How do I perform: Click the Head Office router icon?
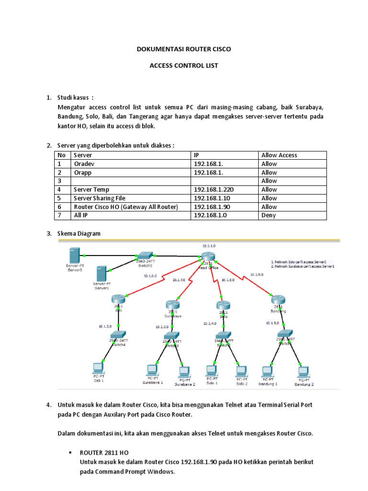(208, 257)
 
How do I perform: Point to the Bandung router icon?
(278, 299)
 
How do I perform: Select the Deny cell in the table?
(268, 215)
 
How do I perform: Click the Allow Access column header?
(279, 155)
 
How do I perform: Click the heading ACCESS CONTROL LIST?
(184, 66)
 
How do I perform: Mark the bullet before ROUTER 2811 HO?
(70, 453)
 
